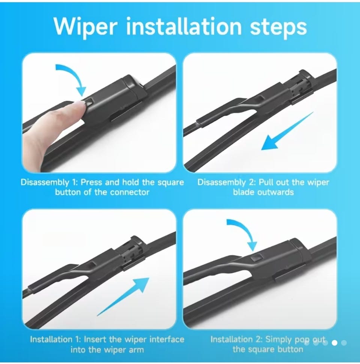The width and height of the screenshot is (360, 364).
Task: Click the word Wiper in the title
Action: [x=84, y=27]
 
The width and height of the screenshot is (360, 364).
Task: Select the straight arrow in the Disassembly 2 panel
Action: [x=287, y=131]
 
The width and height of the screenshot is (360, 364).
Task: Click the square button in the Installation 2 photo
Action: [x=256, y=257]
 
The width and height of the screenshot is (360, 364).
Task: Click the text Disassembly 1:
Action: [x=49, y=183]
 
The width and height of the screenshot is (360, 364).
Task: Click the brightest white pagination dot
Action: [x=334, y=343]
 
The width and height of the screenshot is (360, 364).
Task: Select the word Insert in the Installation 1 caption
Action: [x=95, y=339]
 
